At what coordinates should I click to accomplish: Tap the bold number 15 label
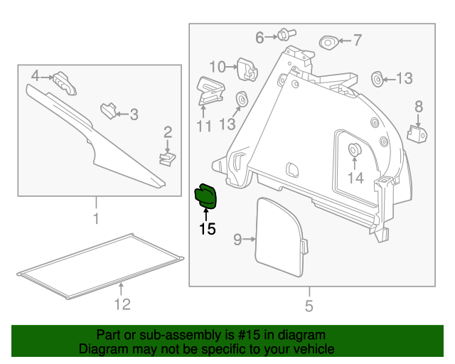(x=207, y=229)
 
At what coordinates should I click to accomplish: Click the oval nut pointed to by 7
(x=329, y=41)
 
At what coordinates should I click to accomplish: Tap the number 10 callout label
(x=217, y=67)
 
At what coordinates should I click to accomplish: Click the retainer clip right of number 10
(x=246, y=68)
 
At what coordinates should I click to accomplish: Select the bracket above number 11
(x=210, y=92)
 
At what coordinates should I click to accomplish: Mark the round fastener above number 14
(x=353, y=150)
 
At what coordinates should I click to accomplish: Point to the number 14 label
(x=355, y=178)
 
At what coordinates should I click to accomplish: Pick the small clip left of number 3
(x=108, y=110)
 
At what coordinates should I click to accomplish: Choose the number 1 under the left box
(x=95, y=218)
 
